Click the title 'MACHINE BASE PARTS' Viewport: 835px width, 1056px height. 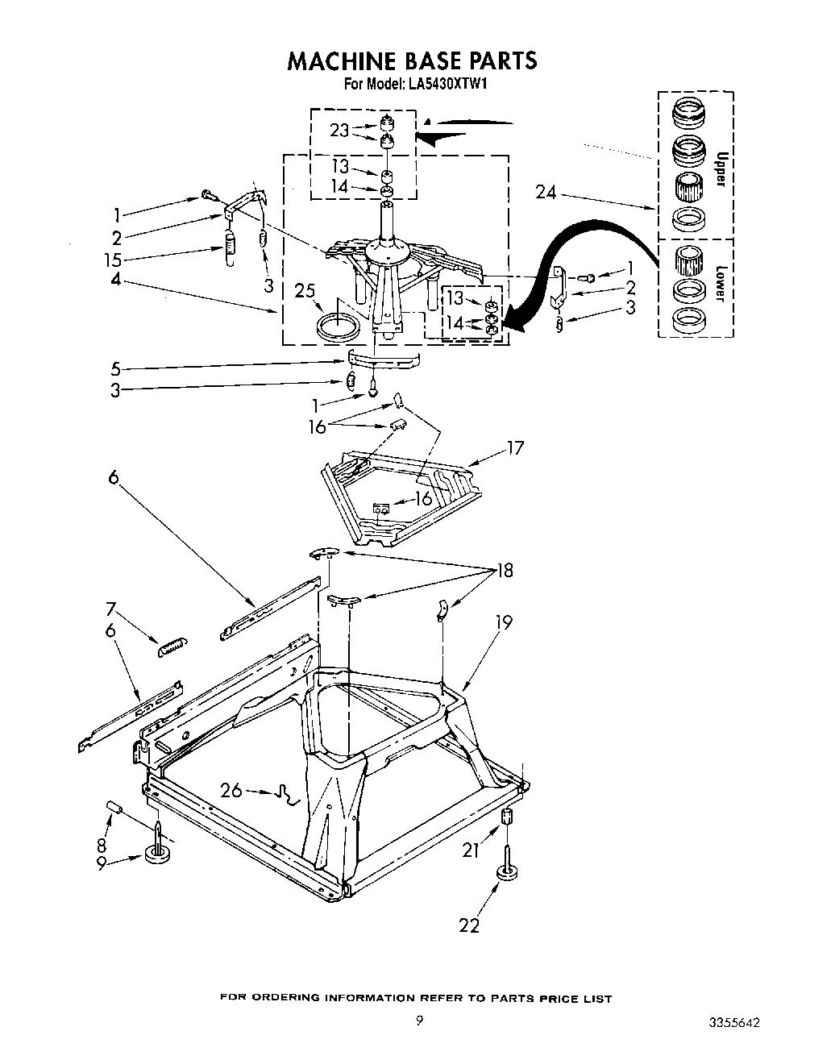412,60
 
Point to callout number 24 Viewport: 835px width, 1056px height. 546,192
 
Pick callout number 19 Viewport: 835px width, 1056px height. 504,622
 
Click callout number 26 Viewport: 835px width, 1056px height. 231,790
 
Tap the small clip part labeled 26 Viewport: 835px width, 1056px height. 285,795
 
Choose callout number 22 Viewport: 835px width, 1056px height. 469,925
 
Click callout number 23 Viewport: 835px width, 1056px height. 339,130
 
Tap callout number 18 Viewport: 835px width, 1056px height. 505,572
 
